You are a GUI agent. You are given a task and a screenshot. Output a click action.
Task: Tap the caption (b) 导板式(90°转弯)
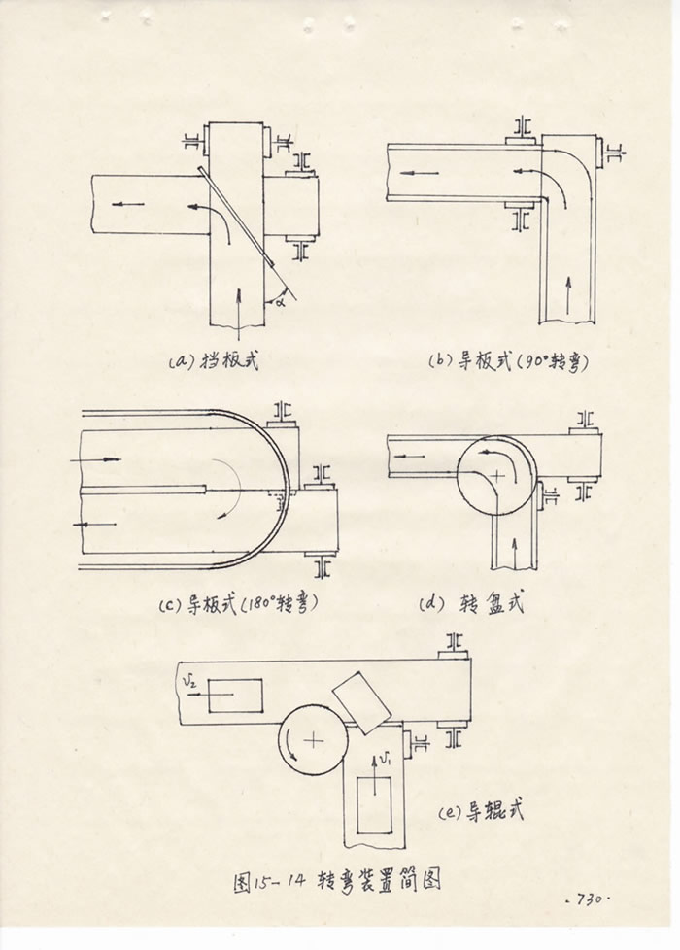(x=510, y=361)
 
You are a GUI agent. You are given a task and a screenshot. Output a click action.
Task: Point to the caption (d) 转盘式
(x=472, y=603)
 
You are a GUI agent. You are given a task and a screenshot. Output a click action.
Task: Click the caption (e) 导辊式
(x=483, y=810)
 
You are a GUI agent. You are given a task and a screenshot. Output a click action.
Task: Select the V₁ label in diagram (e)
(x=386, y=757)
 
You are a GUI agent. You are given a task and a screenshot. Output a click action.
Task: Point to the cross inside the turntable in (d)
(x=498, y=476)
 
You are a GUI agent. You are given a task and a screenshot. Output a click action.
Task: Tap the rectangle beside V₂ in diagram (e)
(x=234, y=696)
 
